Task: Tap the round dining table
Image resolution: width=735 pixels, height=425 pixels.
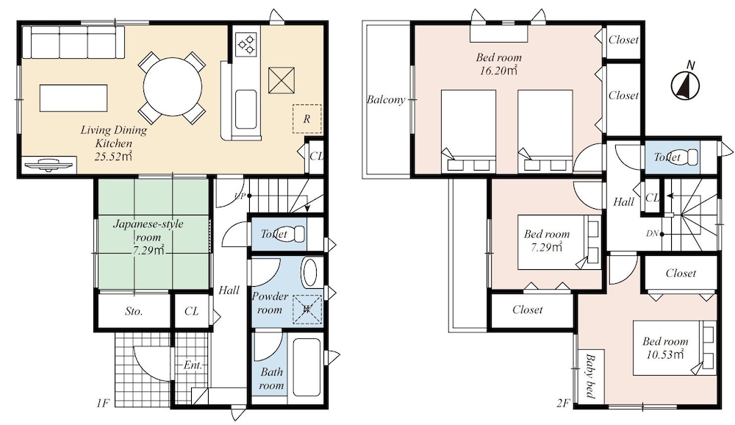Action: click(x=173, y=87)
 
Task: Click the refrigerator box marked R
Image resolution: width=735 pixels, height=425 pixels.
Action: click(x=307, y=118)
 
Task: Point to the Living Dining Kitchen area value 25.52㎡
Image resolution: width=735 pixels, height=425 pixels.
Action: click(x=113, y=156)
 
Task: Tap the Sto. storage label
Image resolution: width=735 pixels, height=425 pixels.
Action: click(x=134, y=311)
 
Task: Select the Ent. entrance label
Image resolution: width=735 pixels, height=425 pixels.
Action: click(x=192, y=365)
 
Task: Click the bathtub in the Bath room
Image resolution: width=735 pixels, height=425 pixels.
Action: click(x=306, y=368)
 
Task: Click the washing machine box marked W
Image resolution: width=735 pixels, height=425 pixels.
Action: click(x=307, y=309)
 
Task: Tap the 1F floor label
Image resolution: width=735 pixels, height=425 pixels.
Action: click(x=103, y=402)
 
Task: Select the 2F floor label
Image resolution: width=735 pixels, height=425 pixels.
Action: click(x=563, y=402)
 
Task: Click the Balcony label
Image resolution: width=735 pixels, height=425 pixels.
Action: click(x=385, y=99)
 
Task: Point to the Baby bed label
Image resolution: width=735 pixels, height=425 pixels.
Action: click(x=590, y=376)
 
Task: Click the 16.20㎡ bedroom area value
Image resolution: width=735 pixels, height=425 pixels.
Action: click(x=498, y=71)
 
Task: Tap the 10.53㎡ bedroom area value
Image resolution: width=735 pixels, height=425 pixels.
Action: click(x=665, y=354)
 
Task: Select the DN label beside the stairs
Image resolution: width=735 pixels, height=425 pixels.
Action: click(x=652, y=233)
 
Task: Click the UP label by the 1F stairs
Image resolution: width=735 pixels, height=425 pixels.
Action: click(x=240, y=196)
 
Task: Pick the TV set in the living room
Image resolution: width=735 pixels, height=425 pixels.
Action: click(x=49, y=165)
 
